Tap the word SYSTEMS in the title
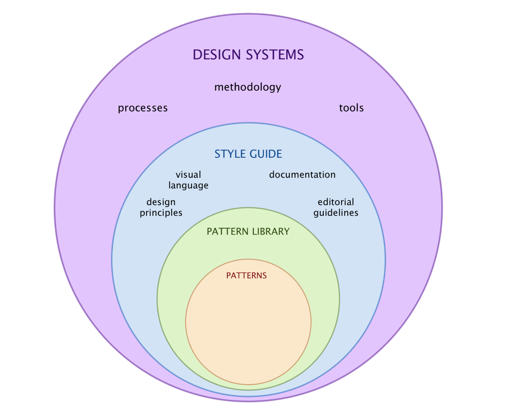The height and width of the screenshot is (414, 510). point(275,55)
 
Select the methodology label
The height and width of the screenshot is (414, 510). point(248,87)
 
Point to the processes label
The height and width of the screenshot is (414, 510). point(143,108)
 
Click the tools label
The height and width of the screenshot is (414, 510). point(351,108)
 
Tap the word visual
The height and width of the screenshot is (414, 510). point(188,175)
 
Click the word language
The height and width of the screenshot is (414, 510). point(188,186)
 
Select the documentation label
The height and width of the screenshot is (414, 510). point(302,175)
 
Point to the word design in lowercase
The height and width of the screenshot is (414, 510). point(161,202)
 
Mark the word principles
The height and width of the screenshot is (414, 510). point(161,213)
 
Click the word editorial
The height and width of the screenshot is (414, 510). point(336,202)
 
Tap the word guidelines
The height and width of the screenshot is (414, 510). point(336,213)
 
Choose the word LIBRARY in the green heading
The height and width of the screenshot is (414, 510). point(271,232)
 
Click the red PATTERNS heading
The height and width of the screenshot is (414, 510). point(246,276)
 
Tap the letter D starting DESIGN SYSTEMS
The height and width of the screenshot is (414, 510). point(197,55)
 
